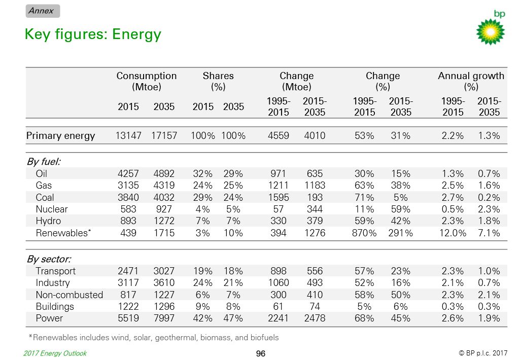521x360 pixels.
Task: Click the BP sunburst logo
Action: pyautogui.click(x=490, y=31)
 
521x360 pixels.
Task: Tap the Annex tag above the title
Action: pyautogui.click(x=43, y=11)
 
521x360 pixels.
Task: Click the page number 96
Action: pyautogui.click(x=261, y=354)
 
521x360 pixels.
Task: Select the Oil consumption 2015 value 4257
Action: pyautogui.click(x=128, y=174)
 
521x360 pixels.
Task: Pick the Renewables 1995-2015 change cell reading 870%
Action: pyautogui.click(x=364, y=233)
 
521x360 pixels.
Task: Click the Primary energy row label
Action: pyautogui.click(x=60, y=135)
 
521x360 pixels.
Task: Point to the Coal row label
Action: pyautogui.click(x=45, y=198)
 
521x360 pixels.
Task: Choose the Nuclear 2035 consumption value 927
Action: pyautogui.click(x=164, y=209)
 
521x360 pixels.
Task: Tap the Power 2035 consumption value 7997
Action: pyautogui.click(x=164, y=318)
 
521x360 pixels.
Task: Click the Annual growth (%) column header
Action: pyautogui.click(x=471, y=81)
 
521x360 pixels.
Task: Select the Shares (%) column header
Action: pyautogui.click(x=218, y=81)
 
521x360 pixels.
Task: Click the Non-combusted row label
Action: pyautogui.click(x=69, y=295)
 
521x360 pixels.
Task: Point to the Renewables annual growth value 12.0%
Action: pyautogui.click(x=453, y=233)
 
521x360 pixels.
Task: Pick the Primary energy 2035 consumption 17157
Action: pyautogui.click(x=164, y=135)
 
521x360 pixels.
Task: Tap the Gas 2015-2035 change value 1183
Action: pyautogui.click(x=315, y=185)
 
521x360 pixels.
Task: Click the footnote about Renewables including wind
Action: pyautogui.click(x=154, y=338)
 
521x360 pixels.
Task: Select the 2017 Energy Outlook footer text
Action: pyautogui.click(x=55, y=353)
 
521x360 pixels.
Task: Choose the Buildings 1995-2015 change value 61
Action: pyautogui.click(x=278, y=307)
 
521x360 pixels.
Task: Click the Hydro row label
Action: pyautogui.click(x=48, y=221)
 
